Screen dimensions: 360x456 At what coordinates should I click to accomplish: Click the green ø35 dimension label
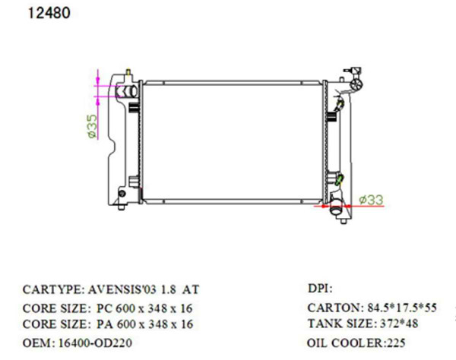coord(91,126)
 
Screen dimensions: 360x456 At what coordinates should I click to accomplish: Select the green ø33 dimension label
coord(370,200)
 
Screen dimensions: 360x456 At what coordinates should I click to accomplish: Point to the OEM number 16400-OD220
coord(89,343)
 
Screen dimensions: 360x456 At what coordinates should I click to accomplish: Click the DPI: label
coord(320,289)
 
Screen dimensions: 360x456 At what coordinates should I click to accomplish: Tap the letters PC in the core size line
coord(105,308)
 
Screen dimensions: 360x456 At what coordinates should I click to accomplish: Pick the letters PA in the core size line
coord(105,325)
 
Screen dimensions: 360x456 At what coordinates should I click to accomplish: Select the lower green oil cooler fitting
coord(340,181)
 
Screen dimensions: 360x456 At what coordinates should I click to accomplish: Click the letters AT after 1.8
coord(192,290)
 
